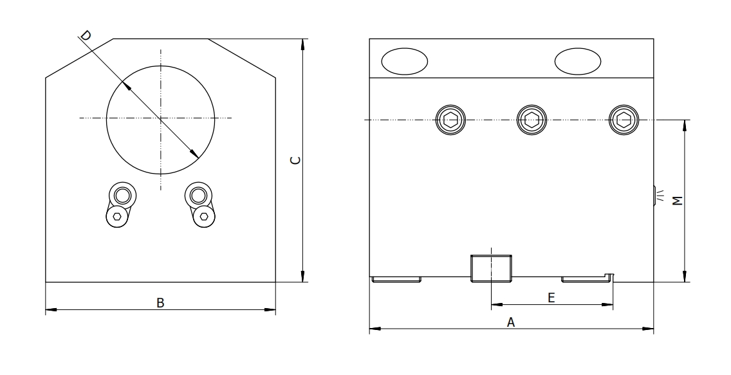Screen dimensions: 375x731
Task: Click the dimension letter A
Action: [x=511, y=322]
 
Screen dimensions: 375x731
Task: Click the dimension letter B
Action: [x=161, y=302]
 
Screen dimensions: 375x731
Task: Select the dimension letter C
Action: [x=293, y=160]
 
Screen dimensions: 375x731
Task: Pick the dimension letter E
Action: [x=551, y=297]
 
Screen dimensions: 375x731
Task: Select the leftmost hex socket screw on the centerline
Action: [x=449, y=120]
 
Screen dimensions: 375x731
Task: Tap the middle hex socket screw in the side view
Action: [x=532, y=120]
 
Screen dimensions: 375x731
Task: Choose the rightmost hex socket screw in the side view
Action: [x=623, y=120]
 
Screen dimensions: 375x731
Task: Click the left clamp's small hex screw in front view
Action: [x=117, y=217]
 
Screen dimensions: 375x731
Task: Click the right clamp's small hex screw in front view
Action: [x=204, y=217]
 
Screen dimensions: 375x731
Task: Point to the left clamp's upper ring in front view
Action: [x=121, y=195]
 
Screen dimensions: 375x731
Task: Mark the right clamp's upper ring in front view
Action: [x=198, y=195]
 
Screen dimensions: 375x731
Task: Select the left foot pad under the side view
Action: [x=397, y=279]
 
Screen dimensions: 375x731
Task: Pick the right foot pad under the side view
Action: [x=587, y=279]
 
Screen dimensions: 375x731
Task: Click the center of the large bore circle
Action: [x=161, y=118]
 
